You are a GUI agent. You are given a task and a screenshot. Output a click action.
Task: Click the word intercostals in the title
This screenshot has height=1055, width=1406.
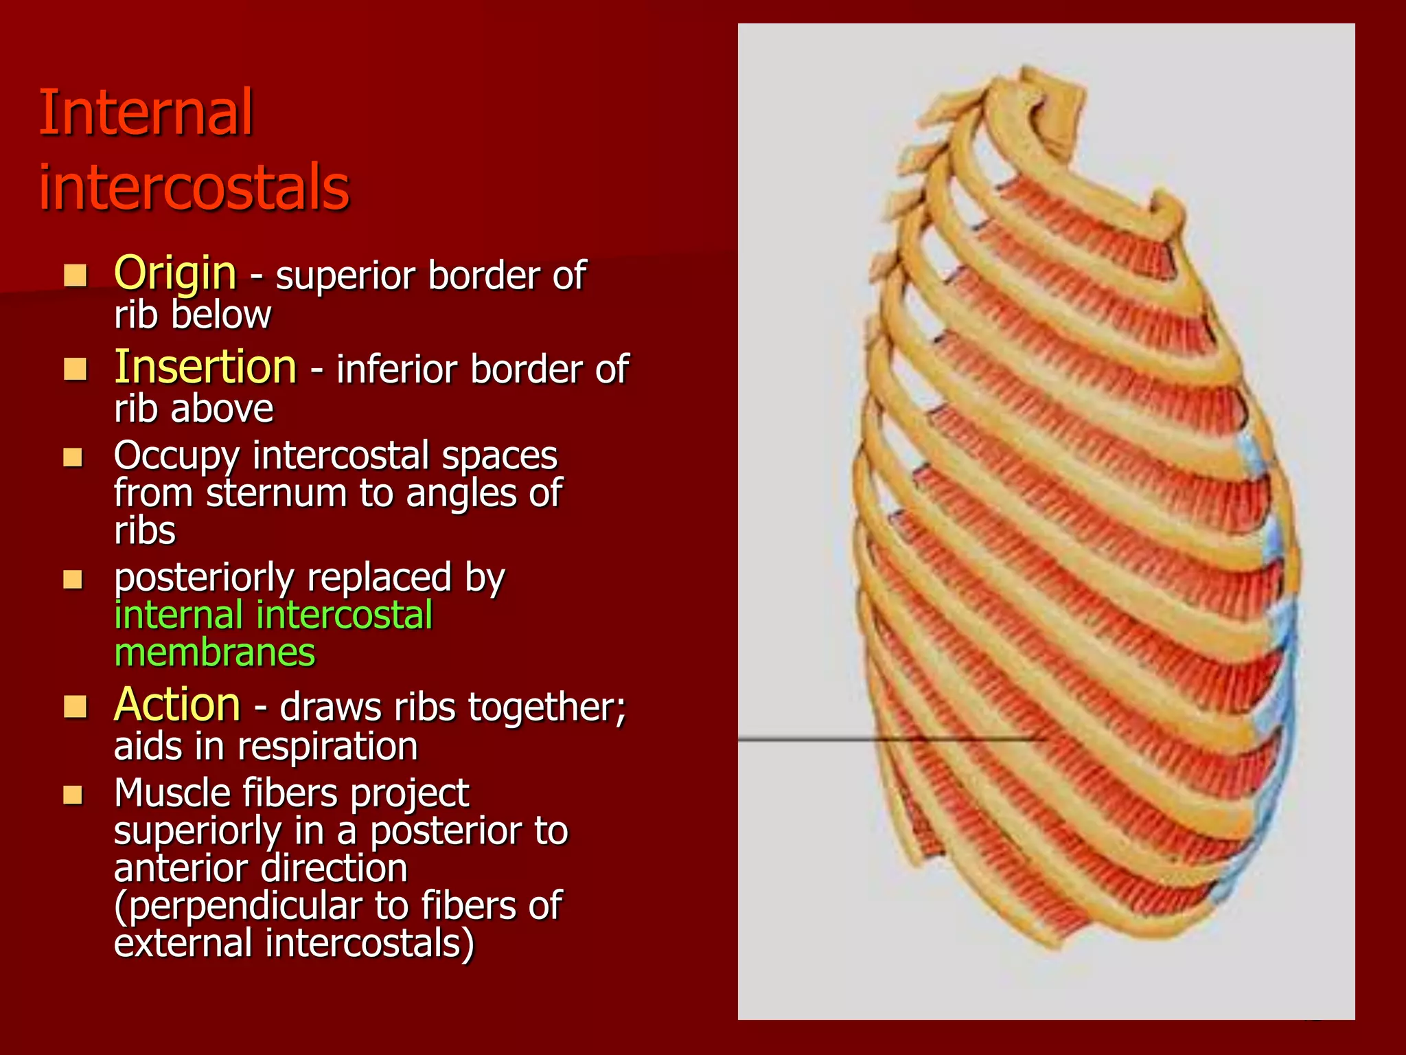[x=194, y=187]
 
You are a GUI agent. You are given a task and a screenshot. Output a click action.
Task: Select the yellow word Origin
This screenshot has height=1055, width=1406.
[x=175, y=273]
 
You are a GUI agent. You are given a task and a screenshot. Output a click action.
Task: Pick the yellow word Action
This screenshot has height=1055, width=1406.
[x=177, y=705]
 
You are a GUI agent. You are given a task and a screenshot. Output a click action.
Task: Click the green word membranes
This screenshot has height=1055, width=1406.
[x=214, y=653]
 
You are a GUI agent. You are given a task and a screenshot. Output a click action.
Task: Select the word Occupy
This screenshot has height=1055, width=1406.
[x=176, y=455]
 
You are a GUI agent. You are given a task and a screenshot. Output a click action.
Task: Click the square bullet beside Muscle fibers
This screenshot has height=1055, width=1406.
[x=73, y=795]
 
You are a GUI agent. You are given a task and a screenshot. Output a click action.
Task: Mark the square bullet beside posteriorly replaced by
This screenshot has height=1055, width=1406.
[x=73, y=580]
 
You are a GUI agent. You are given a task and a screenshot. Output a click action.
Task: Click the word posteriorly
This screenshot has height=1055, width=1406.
[x=204, y=578]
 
